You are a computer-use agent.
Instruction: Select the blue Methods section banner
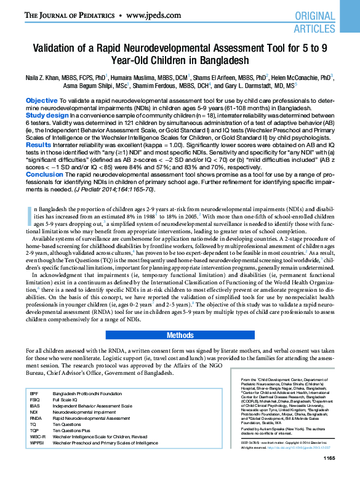[180, 335]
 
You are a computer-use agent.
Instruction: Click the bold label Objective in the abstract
[42, 100]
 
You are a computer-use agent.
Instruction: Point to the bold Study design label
[47, 114]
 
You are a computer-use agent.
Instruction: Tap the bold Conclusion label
[45, 174]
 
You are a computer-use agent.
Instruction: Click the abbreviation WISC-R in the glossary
[36, 436]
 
